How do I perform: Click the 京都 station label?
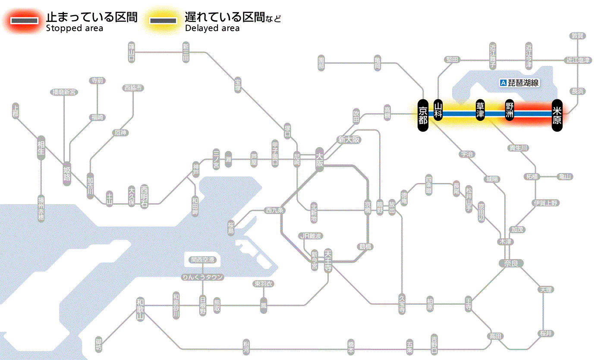[423, 114]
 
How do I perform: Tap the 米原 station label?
[557, 115]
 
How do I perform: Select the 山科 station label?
[438, 111]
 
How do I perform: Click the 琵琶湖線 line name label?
[519, 82]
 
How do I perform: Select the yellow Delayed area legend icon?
[163, 21]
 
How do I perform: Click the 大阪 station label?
[319, 160]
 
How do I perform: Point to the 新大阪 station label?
[349, 140]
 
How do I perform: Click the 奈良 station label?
[510, 263]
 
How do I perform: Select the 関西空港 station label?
[203, 259]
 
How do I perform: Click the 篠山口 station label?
[132, 51]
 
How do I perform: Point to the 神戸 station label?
[196, 169]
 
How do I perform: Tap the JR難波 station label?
[311, 236]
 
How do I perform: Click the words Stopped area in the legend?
[75, 28]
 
